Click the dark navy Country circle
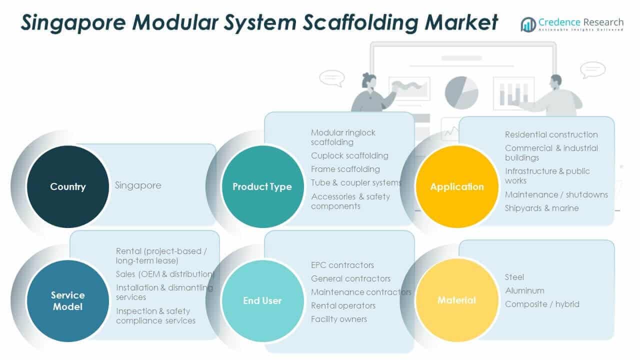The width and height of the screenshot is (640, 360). (67, 186)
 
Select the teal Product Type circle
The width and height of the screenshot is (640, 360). (262, 186)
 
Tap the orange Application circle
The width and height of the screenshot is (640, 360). (457, 186)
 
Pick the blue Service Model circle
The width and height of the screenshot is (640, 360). (67, 300)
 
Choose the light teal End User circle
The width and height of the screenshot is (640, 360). (262, 300)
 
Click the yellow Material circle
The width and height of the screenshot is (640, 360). (457, 300)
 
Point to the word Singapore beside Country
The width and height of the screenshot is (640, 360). (138, 185)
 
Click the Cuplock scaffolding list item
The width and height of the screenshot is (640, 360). (349, 155)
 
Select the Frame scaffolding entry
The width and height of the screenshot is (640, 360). (345, 169)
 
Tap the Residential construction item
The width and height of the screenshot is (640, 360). (551, 134)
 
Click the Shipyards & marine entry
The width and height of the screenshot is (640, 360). (541, 208)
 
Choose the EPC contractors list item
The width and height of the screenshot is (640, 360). (342, 265)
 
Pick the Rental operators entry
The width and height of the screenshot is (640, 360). (343, 305)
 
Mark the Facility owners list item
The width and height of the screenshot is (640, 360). (339, 319)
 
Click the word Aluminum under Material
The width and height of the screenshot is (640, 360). (524, 290)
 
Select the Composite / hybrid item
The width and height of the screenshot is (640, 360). (542, 304)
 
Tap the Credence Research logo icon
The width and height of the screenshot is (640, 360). (528, 24)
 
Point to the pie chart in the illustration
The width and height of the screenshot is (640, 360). (461, 92)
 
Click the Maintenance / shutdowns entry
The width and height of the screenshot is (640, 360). (556, 194)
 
